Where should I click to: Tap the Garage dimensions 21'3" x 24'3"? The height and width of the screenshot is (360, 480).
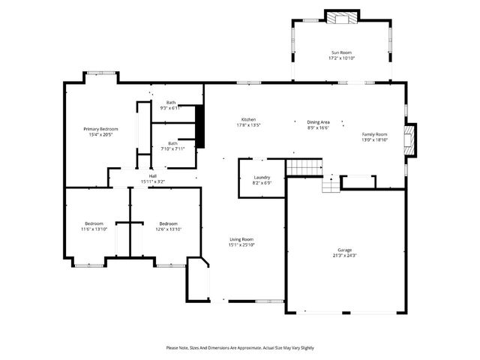[x=345, y=255]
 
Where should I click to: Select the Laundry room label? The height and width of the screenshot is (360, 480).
[x=262, y=177]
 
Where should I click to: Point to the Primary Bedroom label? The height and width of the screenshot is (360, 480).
[x=100, y=129]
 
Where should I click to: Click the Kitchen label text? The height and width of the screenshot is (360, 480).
[x=248, y=120]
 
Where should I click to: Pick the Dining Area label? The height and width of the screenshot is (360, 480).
[x=319, y=121]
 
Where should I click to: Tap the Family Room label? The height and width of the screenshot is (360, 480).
[x=375, y=134]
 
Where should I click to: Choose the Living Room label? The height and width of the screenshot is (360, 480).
[x=241, y=239]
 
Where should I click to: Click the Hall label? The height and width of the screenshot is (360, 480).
[x=152, y=175]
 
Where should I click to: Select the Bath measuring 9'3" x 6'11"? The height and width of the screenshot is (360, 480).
[x=171, y=103]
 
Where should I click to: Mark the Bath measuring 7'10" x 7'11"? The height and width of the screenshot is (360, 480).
[x=172, y=143]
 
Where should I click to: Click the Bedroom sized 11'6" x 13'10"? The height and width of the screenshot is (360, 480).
[x=94, y=223]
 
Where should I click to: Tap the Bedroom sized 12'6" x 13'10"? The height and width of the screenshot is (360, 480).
[x=168, y=223]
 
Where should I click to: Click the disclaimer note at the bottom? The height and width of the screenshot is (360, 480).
[x=240, y=348]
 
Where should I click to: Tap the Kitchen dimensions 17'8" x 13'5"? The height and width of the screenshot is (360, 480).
[x=248, y=125]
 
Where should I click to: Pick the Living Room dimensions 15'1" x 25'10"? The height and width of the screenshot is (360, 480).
[x=241, y=244]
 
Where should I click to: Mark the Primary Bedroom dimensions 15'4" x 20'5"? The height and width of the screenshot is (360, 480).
[x=100, y=135]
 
